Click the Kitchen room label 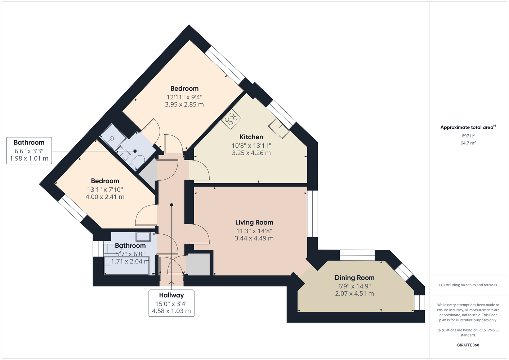tap(251, 137)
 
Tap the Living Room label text tap(254, 222)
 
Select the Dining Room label tap(354, 278)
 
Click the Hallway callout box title tap(171, 295)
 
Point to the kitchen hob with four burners tap(231, 119)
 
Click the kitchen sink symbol tap(278, 128)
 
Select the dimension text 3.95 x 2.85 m tap(184, 104)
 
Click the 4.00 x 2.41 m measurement tap(105, 197)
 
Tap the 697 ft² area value tap(468, 136)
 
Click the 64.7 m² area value tap(468, 143)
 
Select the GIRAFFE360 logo tap(468, 345)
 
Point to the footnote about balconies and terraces tap(468, 285)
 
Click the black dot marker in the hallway tap(171, 205)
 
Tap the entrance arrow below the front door tap(171, 283)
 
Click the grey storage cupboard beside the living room tap(198, 265)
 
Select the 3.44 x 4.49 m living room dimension tap(254, 238)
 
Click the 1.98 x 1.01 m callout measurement tap(29, 158)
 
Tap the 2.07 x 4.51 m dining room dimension tap(354, 293)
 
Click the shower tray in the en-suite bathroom tap(113, 137)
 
